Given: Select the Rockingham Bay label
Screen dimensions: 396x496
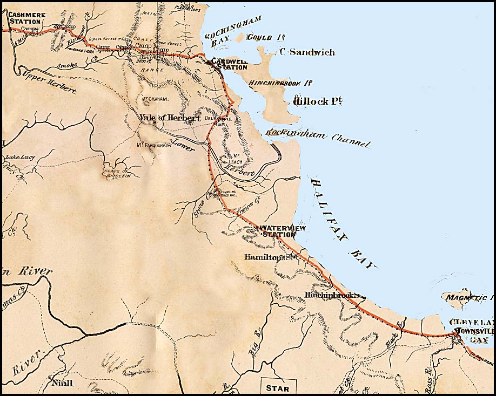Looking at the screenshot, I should coord(232,30).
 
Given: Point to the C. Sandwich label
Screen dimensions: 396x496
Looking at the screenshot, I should coord(307,52).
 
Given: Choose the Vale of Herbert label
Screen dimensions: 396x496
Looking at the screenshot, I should coord(169,118).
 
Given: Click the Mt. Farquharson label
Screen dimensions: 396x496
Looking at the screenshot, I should coord(154,145).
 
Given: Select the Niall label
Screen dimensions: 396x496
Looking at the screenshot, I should coord(62,384).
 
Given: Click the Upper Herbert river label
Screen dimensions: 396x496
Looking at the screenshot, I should coord(49,83).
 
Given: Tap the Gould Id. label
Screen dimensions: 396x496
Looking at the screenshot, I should coord(258,38).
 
